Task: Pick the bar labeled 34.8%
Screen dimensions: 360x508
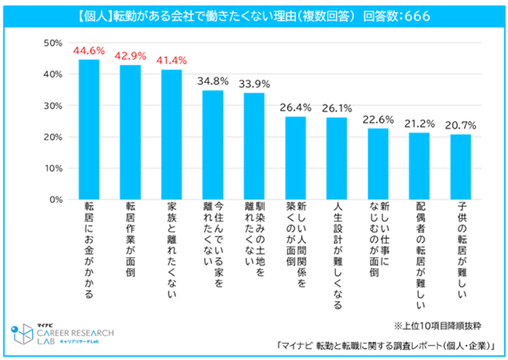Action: click(x=213, y=145)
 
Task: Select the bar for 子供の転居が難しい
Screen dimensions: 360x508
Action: click(x=461, y=167)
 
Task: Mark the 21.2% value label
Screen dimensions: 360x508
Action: click(x=420, y=124)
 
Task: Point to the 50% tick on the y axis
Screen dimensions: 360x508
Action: click(x=51, y=43)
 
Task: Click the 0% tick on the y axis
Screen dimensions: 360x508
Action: click(x=55, y=200)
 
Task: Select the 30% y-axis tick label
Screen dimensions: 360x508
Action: click(x=51, y=106)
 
